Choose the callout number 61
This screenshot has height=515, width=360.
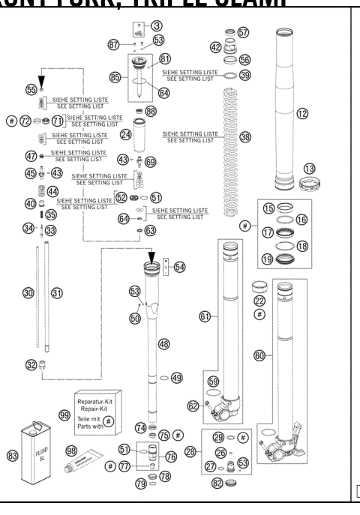(204, 318)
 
